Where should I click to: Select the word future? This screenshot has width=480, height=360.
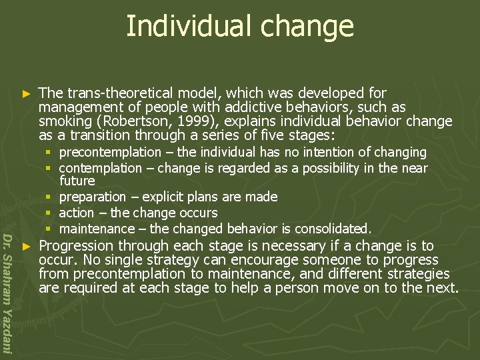coord(77,181)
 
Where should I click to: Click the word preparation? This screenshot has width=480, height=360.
coord(92,197)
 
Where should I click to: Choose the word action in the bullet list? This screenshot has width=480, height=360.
coord(76,213)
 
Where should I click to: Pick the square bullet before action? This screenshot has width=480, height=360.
coord(51,213)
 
